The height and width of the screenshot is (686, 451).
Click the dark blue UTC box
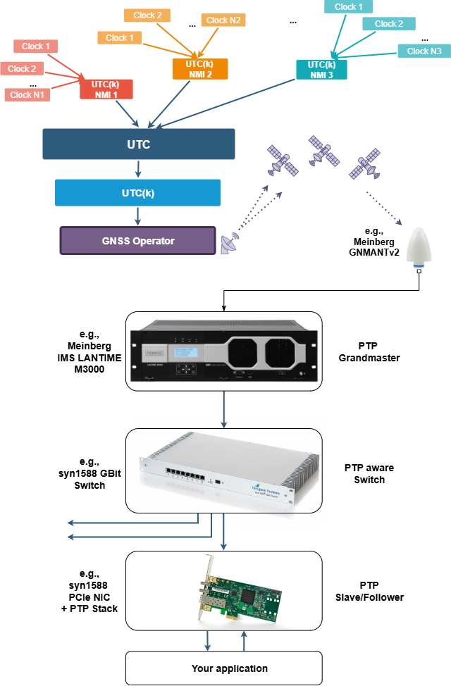tap(138, 144)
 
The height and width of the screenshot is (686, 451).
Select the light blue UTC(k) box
tap(138, 192)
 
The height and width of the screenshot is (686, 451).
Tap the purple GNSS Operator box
tap(137, 240)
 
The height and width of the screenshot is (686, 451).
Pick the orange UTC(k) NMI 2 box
tap(200, 69)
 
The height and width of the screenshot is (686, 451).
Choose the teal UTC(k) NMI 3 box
tap(321, 70)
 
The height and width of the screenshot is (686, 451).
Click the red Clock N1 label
tap(27, 95)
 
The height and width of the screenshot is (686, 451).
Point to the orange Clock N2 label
tap(224, 20)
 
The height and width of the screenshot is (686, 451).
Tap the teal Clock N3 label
tap(424, 51)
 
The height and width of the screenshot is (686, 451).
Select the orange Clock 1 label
tap(121, 37)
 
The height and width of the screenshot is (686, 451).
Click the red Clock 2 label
tap(22, 69)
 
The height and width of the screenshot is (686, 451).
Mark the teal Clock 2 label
tap(388, 24)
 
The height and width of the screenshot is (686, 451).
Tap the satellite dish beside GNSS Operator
tap(228, 244)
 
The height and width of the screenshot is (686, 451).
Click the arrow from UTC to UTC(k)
tap(138, 169)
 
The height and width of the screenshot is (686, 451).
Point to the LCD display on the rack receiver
tap(192, 351)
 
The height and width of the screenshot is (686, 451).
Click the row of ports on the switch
tap(185, 473)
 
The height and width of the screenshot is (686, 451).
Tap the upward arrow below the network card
tap(244, 641)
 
